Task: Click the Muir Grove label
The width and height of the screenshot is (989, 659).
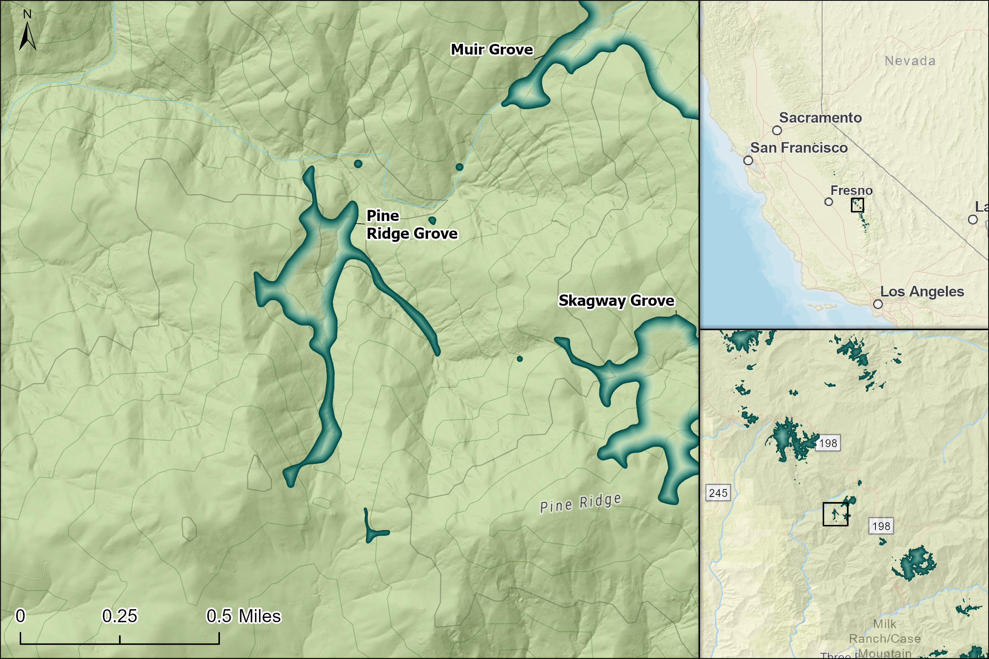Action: point(492,49)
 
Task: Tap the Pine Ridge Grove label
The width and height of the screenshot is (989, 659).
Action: point(411,225)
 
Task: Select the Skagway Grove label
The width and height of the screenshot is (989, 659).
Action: point(616,300)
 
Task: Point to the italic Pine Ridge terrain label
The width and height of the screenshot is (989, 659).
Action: point(580,503)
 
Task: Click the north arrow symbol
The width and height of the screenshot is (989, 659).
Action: point(27,35)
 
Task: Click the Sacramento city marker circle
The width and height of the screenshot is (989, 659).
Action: point(777,130)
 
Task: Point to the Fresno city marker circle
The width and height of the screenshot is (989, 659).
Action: point(828,202)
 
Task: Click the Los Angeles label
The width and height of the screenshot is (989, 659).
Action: point(922,291)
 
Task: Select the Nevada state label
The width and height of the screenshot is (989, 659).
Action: point(910,61)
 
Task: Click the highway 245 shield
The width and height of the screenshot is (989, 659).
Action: point(718,493)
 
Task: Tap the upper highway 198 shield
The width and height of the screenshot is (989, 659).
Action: point(828,443)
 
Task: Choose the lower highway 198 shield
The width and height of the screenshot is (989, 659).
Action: point(881,526)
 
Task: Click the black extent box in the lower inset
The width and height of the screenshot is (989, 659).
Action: point(835,514)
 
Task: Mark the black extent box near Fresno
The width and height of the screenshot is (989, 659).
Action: point(857,205)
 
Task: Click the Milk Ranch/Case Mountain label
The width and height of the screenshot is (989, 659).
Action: point(885,638)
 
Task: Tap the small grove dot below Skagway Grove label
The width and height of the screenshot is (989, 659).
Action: point(520,359)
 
